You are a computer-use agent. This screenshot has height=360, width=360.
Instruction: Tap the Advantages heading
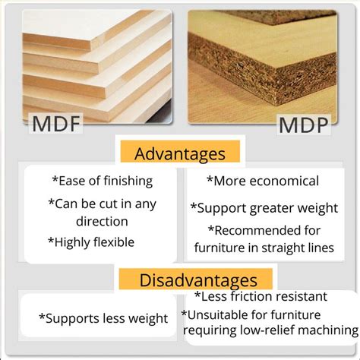(179, 153)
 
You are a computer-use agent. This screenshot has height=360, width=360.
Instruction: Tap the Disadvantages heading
(198, 279)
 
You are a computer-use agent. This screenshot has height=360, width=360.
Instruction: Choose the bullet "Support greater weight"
(264, 207)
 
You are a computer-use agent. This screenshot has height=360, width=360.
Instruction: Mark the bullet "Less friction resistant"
(261, 296)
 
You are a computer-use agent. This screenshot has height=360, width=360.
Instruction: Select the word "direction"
(101, 222)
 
